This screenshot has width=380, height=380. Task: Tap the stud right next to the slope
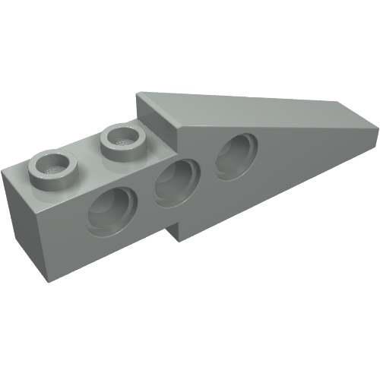(x=122, y=139)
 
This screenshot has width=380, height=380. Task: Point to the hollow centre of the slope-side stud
(x=122, y=137)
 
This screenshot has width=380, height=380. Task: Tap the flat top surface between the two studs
(x=87, y=156)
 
